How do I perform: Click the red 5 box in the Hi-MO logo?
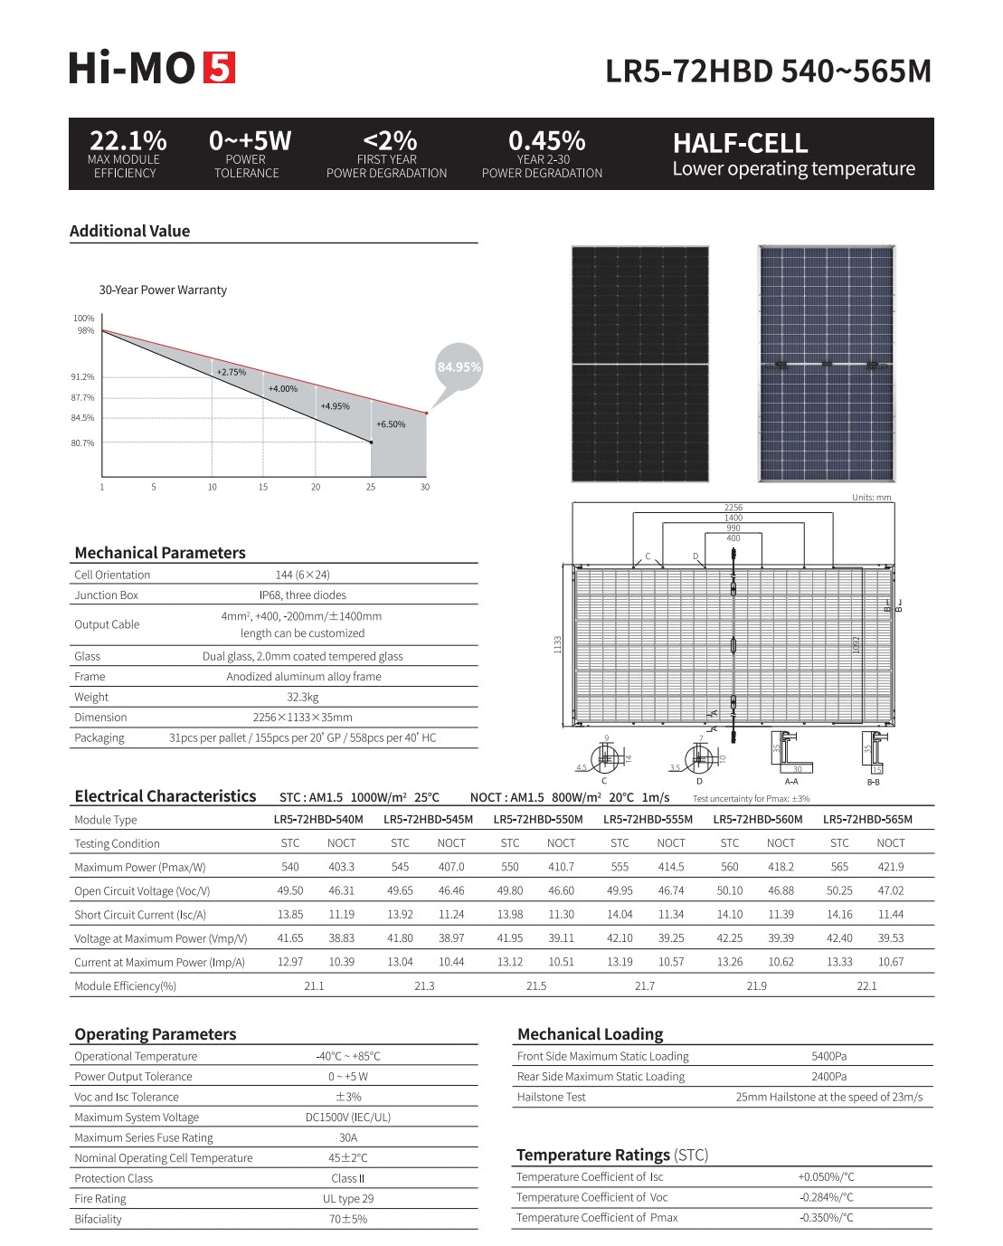click(220, 68)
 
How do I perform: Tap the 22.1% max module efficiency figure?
click(128, 141)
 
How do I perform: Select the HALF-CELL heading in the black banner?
click(740, 144)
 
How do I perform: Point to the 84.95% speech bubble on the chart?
click(459, 366)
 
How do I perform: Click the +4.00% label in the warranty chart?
click(282, 389)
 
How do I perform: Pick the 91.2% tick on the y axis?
click(82, 377)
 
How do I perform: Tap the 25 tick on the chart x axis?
click(371, 487)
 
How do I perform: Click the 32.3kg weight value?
click(303, 697)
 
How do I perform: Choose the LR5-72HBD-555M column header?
click(648, 820)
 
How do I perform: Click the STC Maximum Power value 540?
click(290, 867)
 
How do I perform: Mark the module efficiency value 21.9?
click(756, 986)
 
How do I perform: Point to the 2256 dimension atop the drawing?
click(733, 508)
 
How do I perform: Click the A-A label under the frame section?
click(791, 781)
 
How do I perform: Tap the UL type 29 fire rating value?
click(348, 1199)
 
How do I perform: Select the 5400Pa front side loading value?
click(828, 1056)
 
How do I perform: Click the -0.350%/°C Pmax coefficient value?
click(826, 1218)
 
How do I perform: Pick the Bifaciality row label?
click(98, 1219)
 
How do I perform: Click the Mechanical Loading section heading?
click(590, 1034)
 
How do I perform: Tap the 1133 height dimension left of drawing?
click(558, 644)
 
